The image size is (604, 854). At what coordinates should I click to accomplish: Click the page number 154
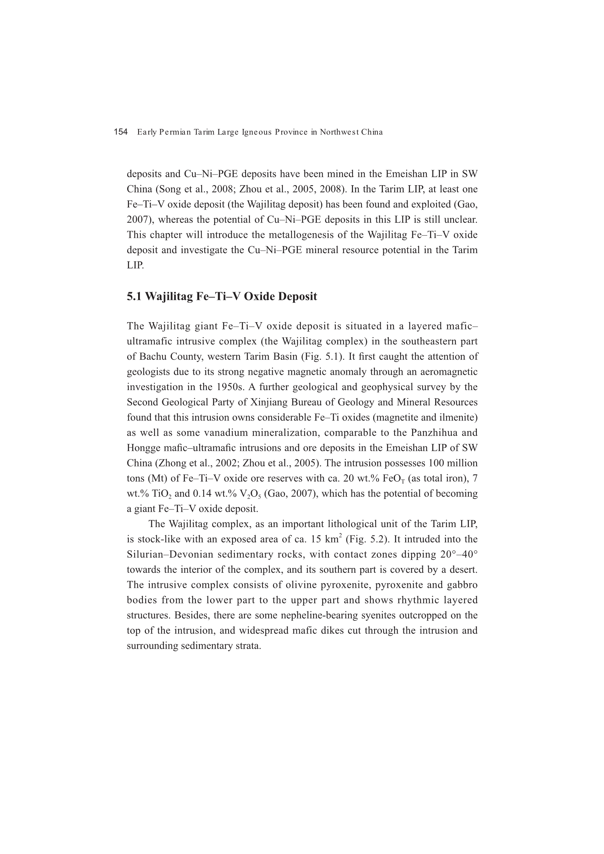pyautogui.click(x=121, y=132)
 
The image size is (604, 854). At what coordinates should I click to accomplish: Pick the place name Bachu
pyautogui.click(x=153, y=357)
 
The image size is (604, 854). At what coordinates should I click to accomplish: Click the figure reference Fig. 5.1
pyautogui.click(x=321, y=357)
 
